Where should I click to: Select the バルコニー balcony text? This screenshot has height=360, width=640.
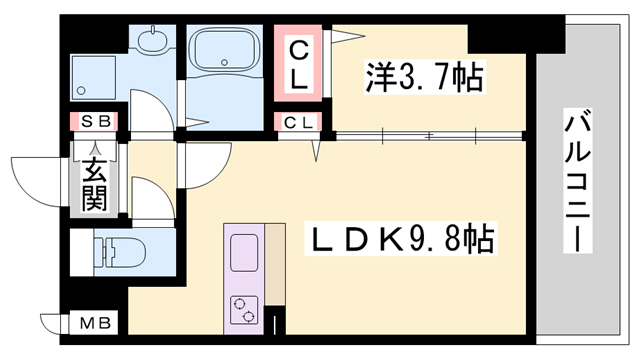(x=577, y=180)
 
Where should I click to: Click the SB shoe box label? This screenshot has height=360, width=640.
(x=95, y=122)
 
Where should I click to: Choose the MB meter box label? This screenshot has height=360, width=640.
(x=96, y=323)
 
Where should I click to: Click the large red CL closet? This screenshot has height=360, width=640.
(x=299, y=61)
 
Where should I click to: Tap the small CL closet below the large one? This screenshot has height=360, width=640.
(x=299, y=123)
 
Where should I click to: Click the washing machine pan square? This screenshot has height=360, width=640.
(x=96, y=76)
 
